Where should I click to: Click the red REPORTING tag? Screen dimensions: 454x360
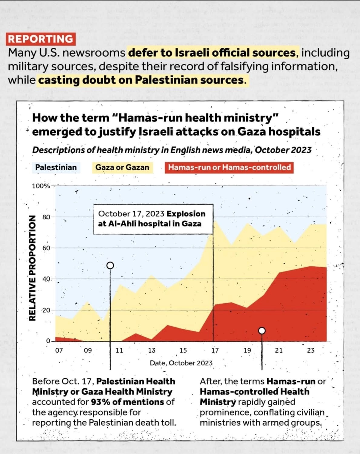click(41, 39)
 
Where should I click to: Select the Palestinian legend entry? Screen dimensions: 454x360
click(56, 167)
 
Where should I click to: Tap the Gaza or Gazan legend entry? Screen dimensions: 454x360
click(122, 167)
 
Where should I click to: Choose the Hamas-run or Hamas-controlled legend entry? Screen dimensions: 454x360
click(229, 167)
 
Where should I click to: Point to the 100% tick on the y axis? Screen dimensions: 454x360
click(41, 186)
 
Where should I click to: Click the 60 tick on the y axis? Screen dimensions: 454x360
click(46, 248)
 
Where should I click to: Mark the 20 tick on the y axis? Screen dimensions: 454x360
click(46, 310)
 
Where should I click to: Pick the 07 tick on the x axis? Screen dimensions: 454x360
click(59, 350)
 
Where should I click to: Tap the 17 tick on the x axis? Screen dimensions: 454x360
click(215, 350)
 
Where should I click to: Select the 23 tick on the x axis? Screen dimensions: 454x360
click(311, 350)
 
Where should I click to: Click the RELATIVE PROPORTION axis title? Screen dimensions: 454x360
click(32, 268)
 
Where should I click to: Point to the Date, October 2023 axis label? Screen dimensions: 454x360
click(181, 363)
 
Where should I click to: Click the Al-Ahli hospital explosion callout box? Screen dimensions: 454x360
click(153, 219)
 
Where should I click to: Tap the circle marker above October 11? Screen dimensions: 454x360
click(111, 265)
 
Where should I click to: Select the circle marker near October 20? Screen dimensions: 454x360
click(262, 331)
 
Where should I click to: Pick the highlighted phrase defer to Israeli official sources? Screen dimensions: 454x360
click(212, 53)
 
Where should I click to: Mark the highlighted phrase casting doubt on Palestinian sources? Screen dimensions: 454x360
click(141, 80)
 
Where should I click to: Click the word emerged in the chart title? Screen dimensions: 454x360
click(57, 132)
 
